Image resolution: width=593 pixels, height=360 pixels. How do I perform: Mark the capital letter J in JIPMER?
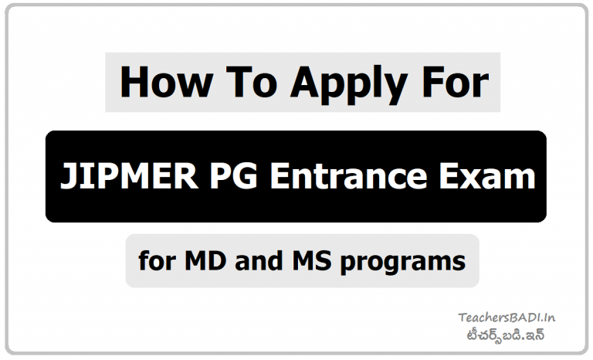tap(67, 177)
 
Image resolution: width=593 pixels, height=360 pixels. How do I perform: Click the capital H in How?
tap(135, 83)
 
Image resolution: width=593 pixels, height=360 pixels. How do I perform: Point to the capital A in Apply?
tap(303, 83)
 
